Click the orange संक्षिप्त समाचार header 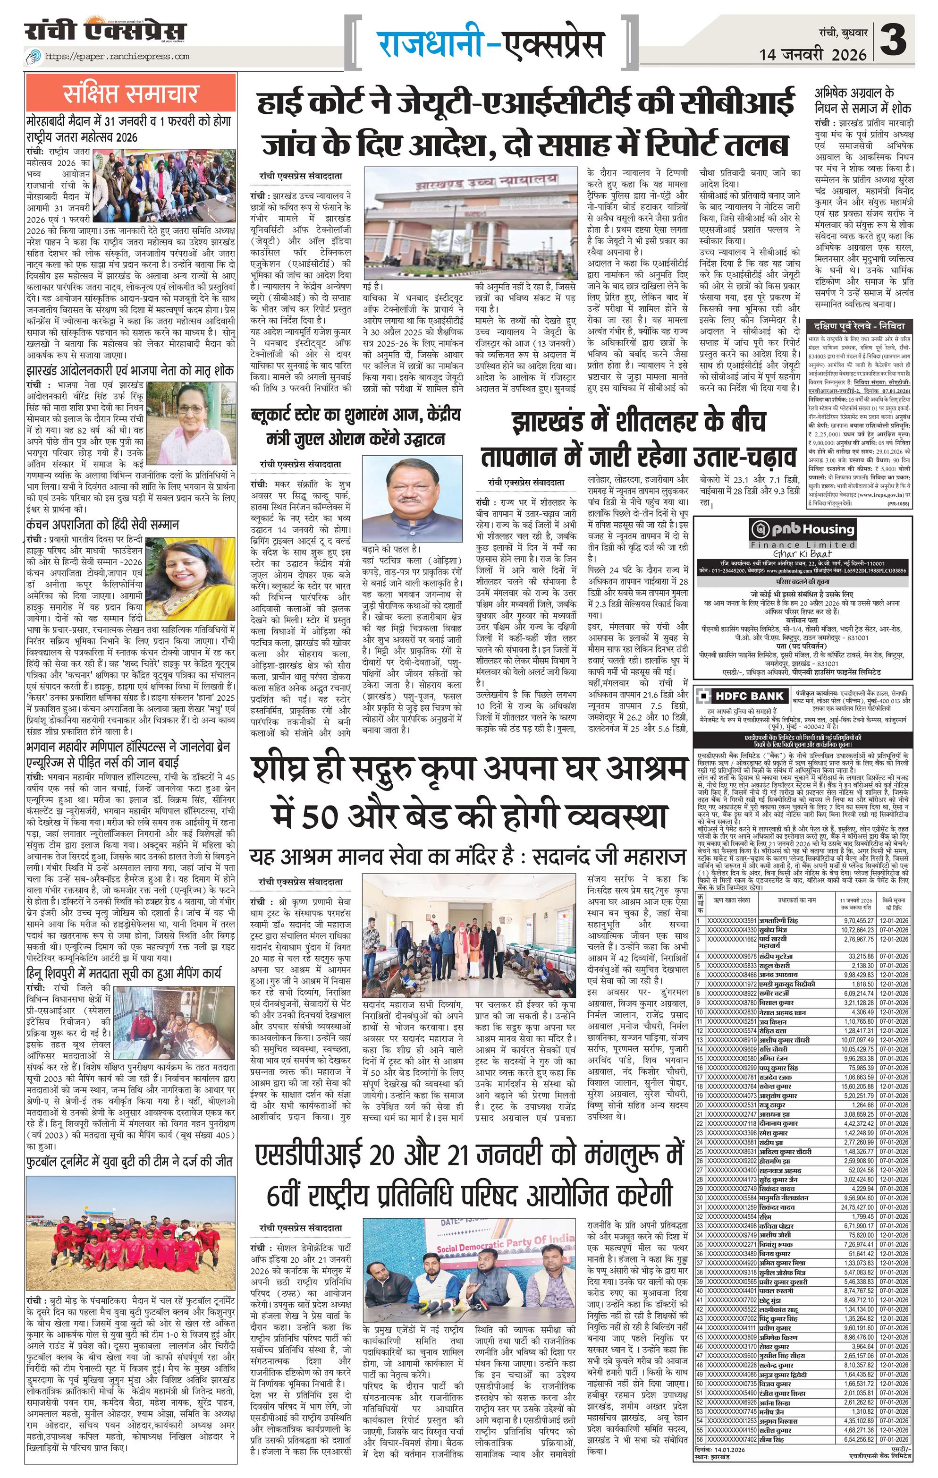[131, 94]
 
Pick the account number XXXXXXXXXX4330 [731, 930]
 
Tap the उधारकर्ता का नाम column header [797, 900]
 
